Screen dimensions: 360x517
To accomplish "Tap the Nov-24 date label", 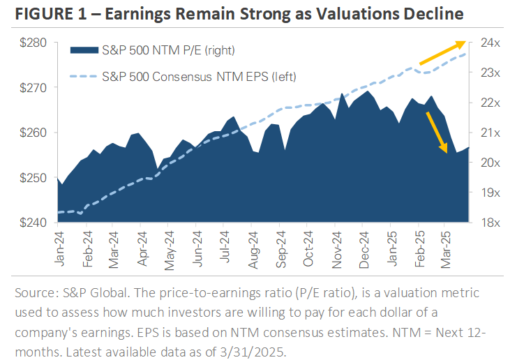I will pos(336,248).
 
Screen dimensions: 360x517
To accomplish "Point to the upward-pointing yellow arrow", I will pos(442,54).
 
